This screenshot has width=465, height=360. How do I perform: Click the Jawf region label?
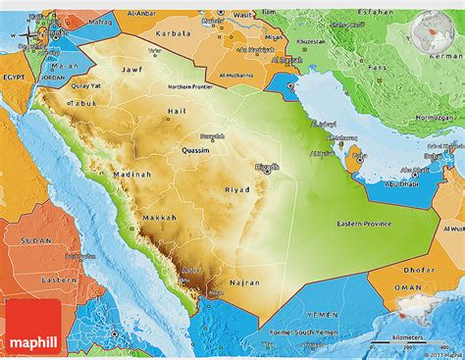(x=131, y=71)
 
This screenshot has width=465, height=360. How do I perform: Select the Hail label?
(x=177, y=112)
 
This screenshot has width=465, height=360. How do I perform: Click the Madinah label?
(x=131, y=175)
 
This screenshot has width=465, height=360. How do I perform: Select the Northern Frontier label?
(x=189, y=86)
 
